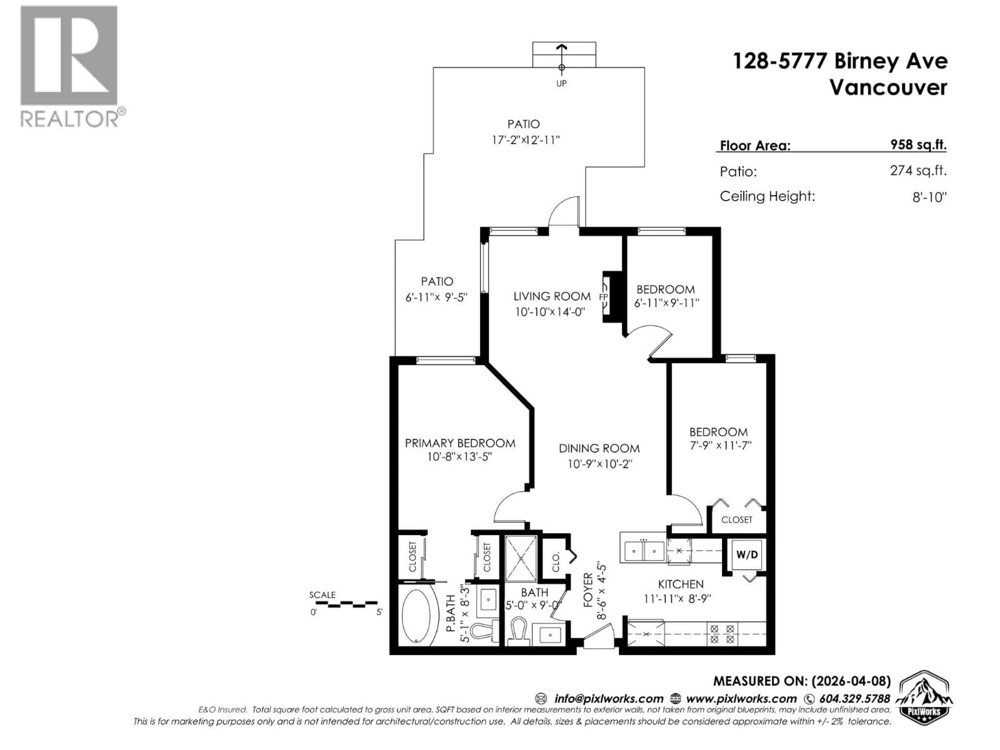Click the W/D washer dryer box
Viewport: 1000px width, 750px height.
point(747,554)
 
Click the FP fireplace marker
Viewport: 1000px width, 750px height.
point(604,297)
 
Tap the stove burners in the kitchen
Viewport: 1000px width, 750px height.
point(722,634)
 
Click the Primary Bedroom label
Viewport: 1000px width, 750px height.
point(460,443)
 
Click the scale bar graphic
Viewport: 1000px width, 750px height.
point(346,604)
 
